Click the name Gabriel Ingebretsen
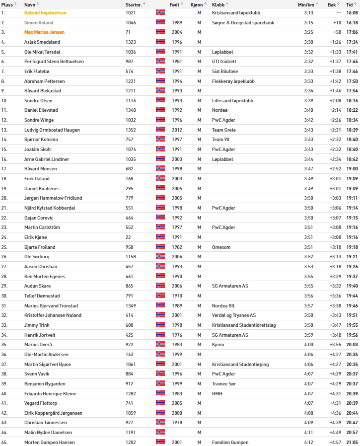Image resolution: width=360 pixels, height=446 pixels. click(x=45, y=13)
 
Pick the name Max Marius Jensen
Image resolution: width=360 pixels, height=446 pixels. click(x=44, y=32)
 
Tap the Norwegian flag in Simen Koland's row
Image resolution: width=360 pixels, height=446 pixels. click(x=160, y=22)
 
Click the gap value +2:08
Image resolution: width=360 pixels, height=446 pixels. click(x=335, y=100)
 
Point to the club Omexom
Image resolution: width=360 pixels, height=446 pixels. click(x=221, y=247)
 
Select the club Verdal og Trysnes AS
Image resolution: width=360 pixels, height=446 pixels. click(x=234, y=315)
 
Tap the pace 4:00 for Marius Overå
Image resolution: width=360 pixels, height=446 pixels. click(x=308, y=344)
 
